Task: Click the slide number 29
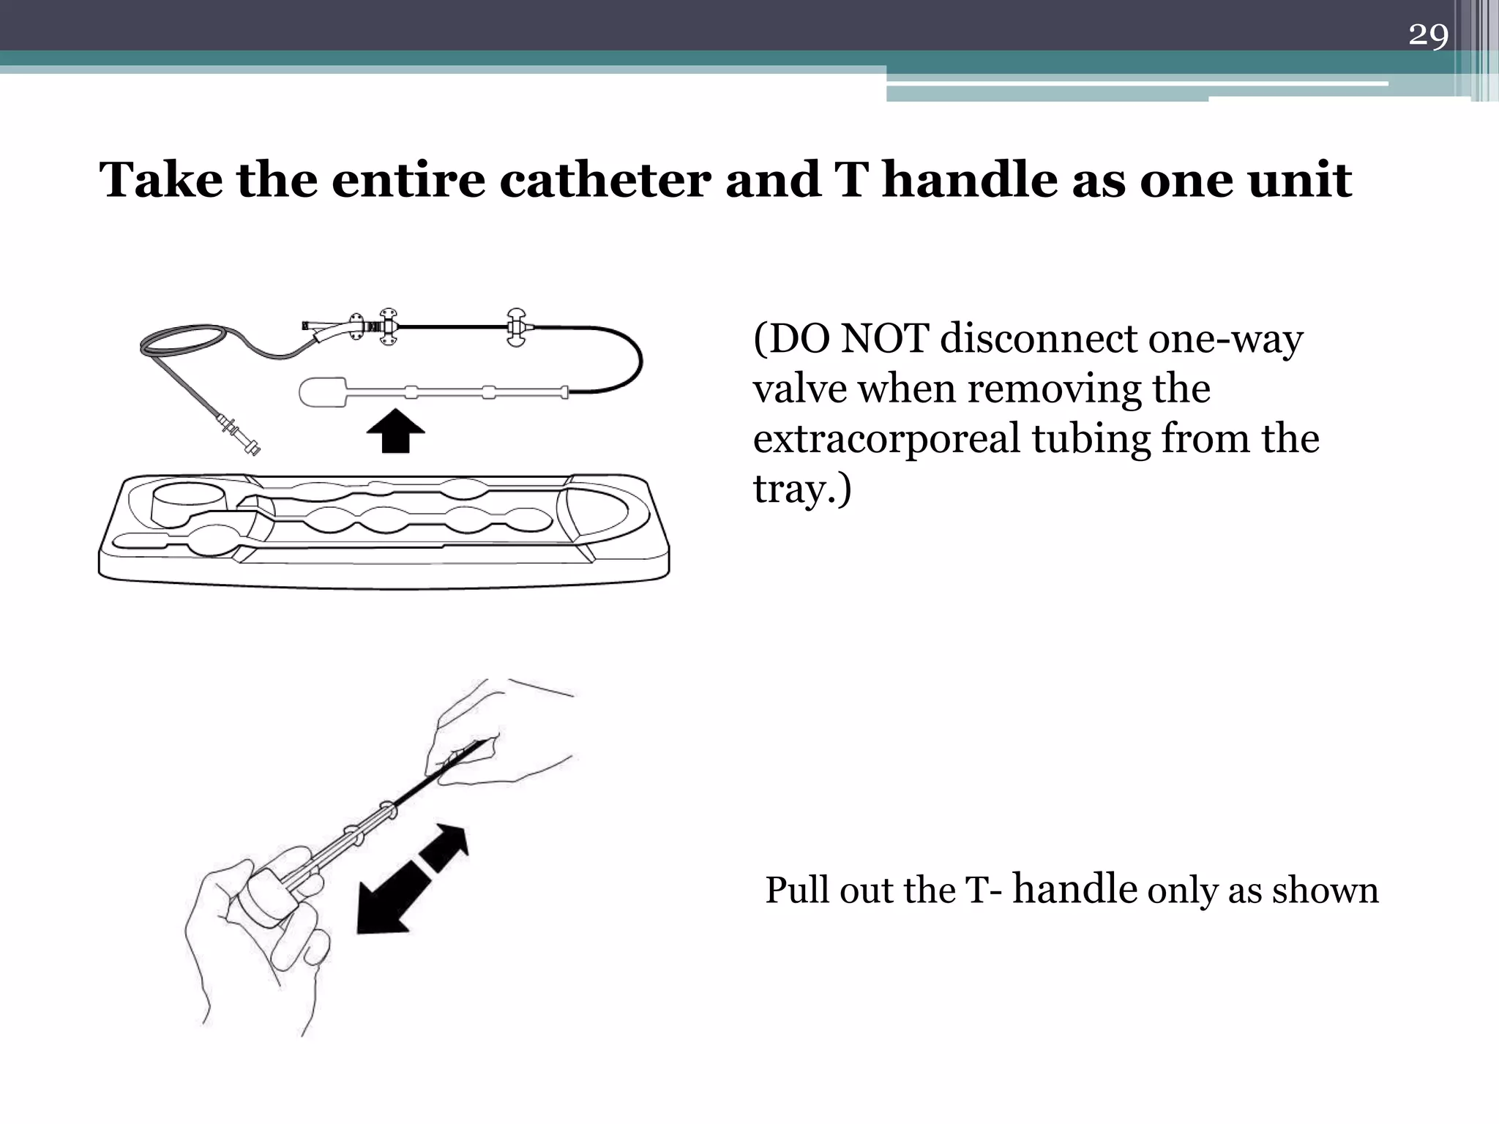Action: point(1428,35)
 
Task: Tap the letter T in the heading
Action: point(851,180)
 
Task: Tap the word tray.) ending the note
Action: point(802,489)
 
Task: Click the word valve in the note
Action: point(799,389)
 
